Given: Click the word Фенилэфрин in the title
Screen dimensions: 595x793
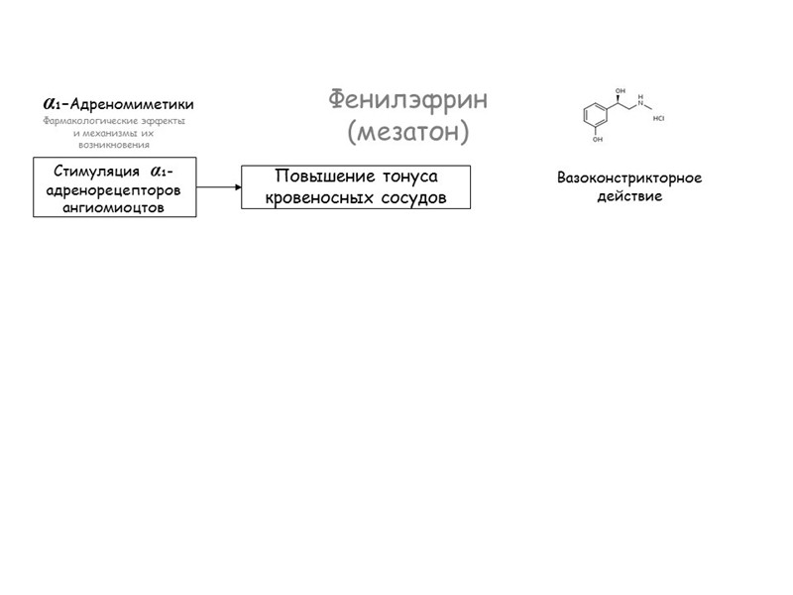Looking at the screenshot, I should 407,100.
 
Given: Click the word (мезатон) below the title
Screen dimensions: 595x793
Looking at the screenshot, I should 407,131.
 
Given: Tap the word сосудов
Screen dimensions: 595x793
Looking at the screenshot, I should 412,197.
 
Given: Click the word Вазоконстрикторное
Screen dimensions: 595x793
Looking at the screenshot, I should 629,178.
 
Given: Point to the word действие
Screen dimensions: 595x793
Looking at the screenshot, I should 629,196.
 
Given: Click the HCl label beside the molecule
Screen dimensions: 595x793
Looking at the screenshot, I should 659,118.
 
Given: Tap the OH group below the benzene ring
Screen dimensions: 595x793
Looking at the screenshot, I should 597,140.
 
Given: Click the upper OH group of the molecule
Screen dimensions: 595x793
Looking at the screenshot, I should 620,91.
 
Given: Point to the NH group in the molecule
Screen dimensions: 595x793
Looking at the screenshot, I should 640,100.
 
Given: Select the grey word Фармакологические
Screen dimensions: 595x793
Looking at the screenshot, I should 83,121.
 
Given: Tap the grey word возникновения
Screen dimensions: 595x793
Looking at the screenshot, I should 114,145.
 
